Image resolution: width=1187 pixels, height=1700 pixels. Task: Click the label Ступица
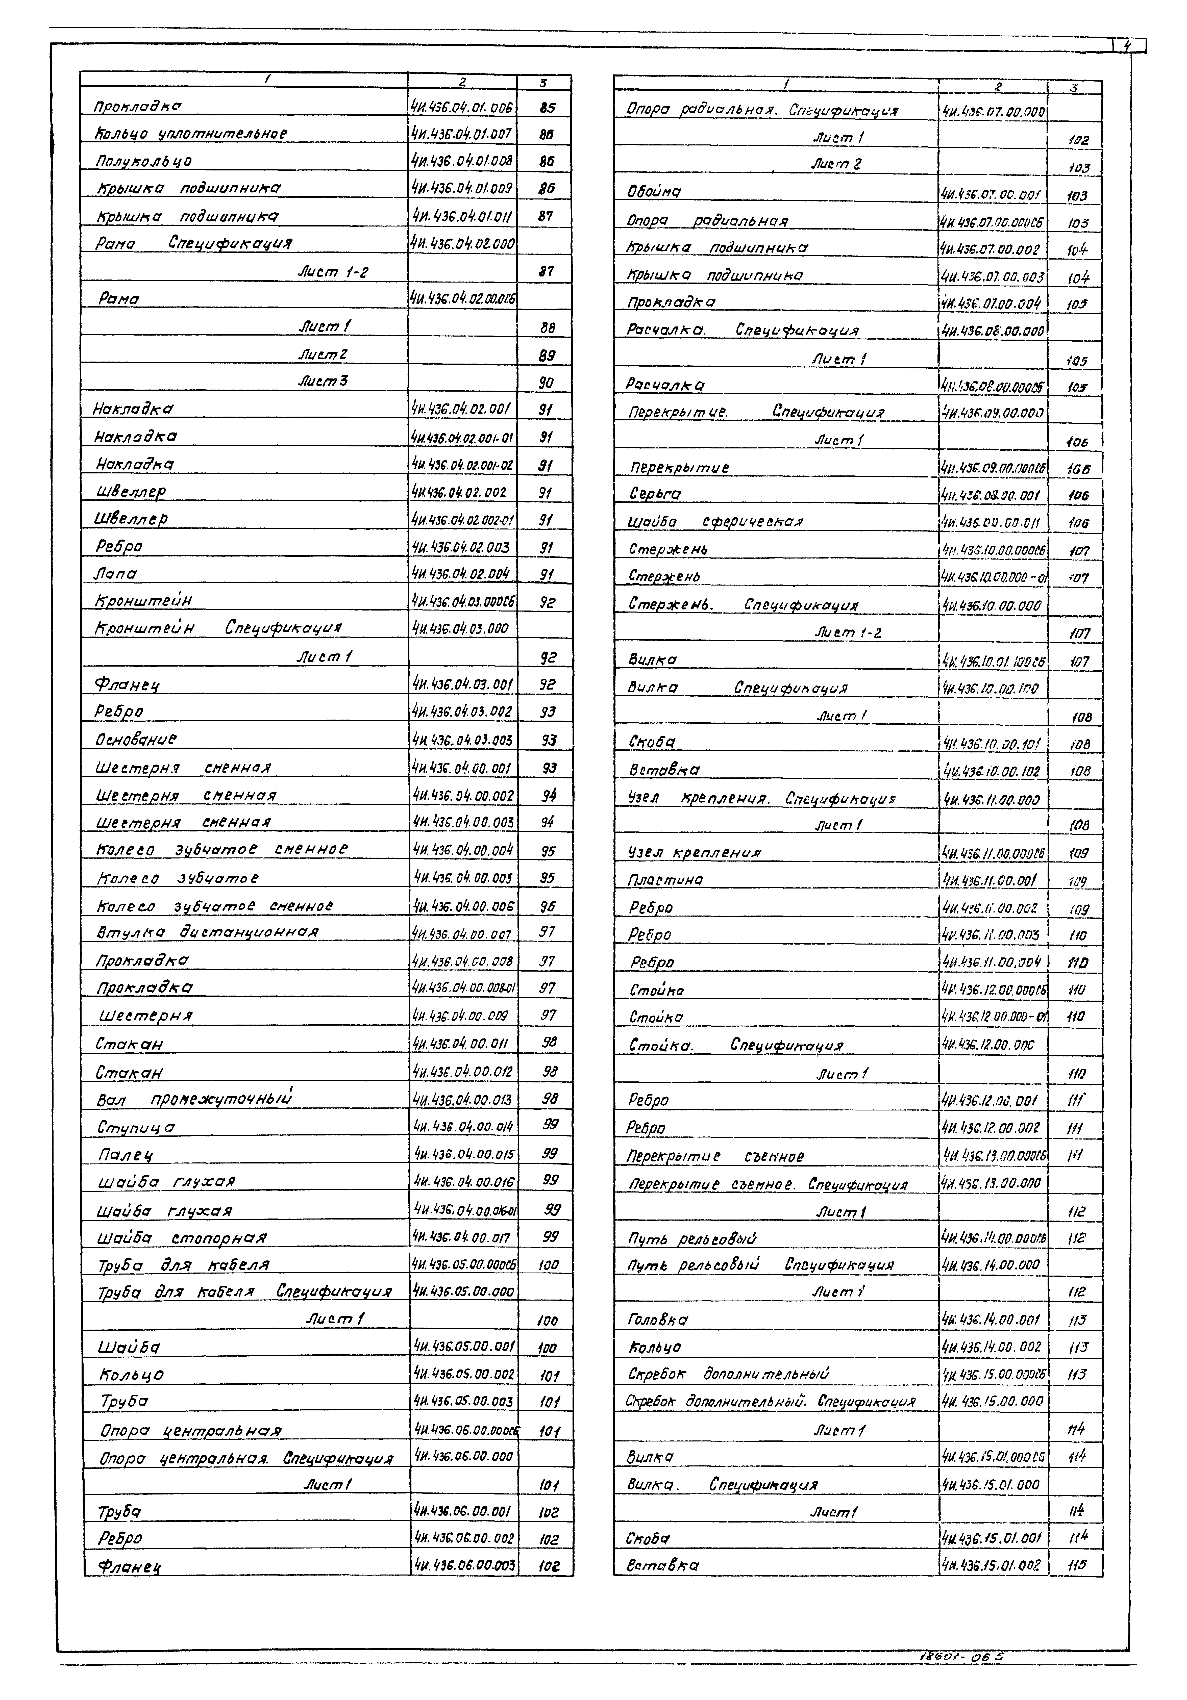[x=136, y=1127]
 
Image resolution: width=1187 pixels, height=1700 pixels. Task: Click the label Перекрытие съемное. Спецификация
[x=767, y=1184]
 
